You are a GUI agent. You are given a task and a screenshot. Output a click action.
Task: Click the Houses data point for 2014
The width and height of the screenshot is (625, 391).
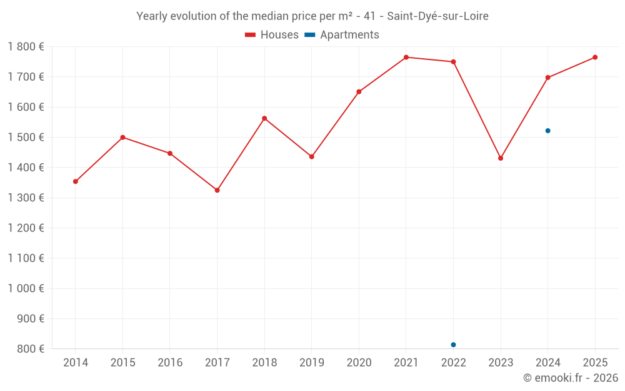pos(76,181)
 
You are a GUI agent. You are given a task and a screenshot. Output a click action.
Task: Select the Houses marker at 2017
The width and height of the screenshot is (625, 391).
pos(217,190)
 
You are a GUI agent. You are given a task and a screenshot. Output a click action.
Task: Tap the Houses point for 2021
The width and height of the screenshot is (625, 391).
pos(406,58)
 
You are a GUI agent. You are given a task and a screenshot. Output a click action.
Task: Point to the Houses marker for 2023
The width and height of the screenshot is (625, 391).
pos(501,158)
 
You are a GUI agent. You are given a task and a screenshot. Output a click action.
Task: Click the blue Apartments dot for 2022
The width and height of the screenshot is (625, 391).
pos(453,345)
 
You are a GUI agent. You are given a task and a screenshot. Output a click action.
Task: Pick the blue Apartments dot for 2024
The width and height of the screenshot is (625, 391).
pos(548,131)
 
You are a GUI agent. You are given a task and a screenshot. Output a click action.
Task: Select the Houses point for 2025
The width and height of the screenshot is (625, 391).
pos(595,58)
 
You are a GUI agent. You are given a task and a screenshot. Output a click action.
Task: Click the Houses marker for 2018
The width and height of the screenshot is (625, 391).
pos(264,118)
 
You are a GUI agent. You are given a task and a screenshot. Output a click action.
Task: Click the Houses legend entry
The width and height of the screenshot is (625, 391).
pos(272,35)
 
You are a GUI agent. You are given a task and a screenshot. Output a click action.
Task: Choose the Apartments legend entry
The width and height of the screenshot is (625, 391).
pos(342,35)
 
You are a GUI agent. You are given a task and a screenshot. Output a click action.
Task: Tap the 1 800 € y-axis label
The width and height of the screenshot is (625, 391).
pos(26,47)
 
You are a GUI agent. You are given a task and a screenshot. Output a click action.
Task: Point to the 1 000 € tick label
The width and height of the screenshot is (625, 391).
pos(26,288)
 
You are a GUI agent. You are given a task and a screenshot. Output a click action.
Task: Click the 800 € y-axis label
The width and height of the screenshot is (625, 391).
pos(29,348)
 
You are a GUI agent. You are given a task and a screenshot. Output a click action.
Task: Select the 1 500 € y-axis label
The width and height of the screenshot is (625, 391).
pos(26,137)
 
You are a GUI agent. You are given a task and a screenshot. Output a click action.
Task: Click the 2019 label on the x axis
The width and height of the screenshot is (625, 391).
pos(312,363)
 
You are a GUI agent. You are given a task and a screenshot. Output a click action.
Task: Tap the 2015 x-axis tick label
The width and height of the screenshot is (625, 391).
pos(122,363)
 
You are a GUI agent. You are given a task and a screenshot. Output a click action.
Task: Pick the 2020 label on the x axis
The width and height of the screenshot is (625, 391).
pos(359,363)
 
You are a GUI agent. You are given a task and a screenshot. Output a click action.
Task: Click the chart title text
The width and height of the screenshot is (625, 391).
pos(312,16)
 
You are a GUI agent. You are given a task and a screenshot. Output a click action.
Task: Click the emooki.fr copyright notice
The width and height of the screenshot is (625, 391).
pos(570,378)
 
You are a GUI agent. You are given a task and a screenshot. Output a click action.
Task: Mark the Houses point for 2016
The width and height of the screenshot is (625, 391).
pos(170,153)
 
